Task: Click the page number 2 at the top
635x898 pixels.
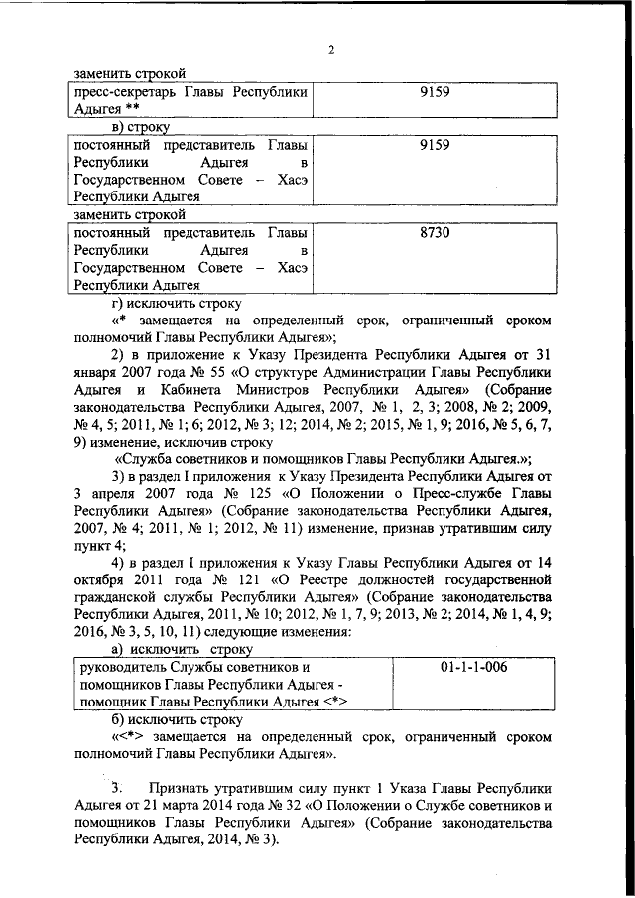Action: tap(332, 51)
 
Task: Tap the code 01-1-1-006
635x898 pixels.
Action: tap(473, 667)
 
